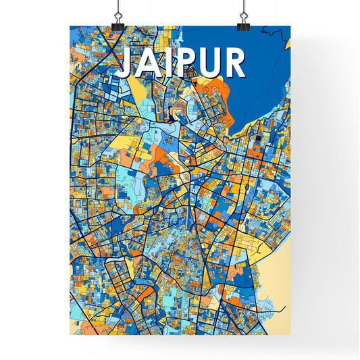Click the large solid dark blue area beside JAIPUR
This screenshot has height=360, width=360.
(x=267, y=74)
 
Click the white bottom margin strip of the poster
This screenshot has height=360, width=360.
(x=180, y=340)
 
